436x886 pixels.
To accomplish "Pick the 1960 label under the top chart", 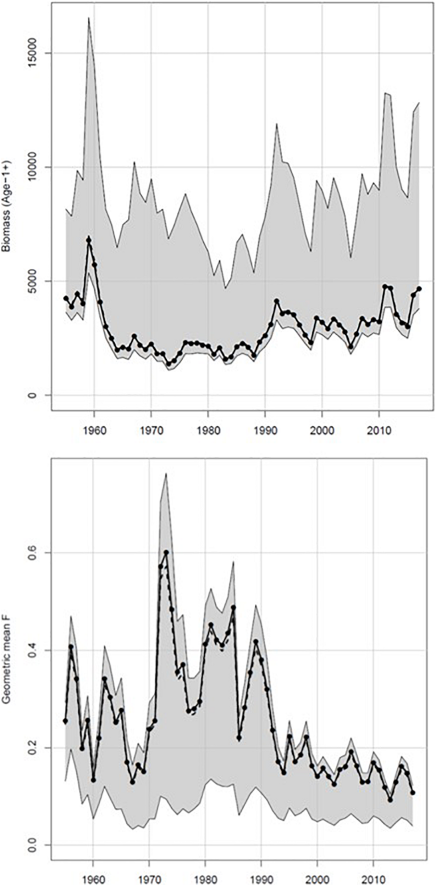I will click(x=94, y=431).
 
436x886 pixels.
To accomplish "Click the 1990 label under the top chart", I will click(x=265, y=431).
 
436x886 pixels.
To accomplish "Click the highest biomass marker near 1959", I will click(x=89, y=240).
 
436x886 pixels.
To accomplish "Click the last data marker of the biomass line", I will click(x=419, y=288).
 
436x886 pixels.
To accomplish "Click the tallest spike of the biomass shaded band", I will click(x=89, y=18).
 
